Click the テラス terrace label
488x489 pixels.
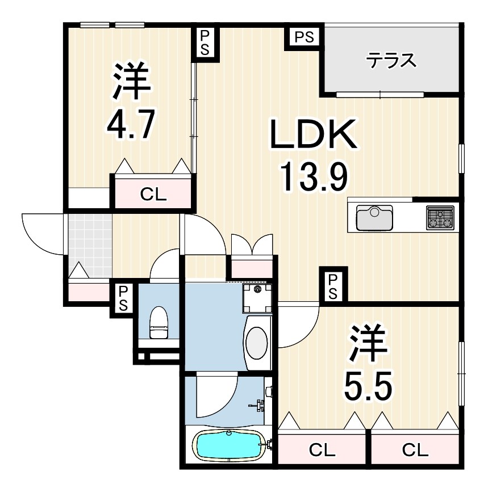391,61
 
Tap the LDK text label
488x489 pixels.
314,134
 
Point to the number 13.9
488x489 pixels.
314,177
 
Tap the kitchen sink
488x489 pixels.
375,217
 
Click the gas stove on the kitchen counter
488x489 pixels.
440,217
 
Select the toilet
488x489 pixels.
159,322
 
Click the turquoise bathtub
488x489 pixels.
229,445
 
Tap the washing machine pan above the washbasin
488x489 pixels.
257,298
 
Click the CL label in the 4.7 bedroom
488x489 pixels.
153,195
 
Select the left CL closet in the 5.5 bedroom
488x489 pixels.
322,450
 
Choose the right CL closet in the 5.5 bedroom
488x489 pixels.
415,450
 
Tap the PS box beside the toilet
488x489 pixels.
123,298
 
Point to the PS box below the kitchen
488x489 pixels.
333,285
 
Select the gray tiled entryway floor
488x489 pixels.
90,245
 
